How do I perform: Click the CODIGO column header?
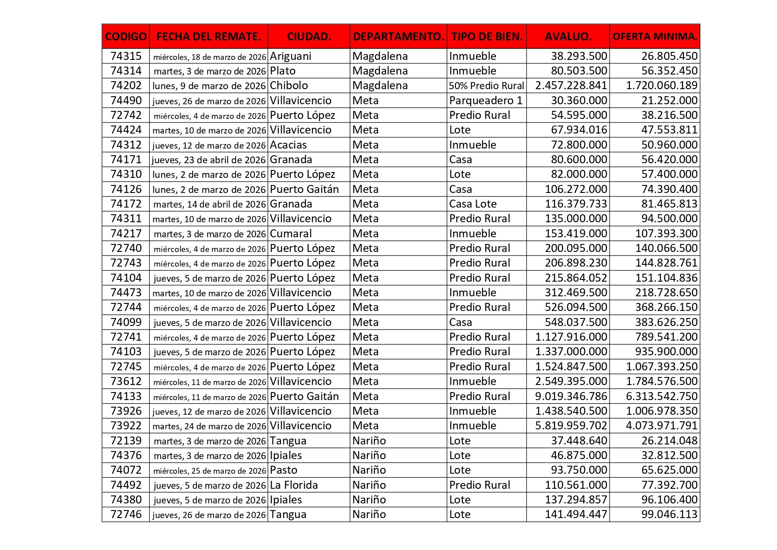126,36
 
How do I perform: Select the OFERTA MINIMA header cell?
655,36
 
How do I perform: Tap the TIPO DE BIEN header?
487,36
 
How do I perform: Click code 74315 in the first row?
126,56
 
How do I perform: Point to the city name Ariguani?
291,56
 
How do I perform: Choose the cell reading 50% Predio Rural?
486,86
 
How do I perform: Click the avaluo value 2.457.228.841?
571,86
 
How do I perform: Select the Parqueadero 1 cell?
486,101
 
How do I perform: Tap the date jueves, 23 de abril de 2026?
209,160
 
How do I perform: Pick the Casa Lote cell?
473,204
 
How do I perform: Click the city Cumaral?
291,234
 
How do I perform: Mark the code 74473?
126,293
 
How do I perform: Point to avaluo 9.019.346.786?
571,397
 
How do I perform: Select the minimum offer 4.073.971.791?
661,426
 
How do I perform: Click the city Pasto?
284,470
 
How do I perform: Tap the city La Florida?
294,485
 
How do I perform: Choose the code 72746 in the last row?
126,515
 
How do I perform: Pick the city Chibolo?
289,86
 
